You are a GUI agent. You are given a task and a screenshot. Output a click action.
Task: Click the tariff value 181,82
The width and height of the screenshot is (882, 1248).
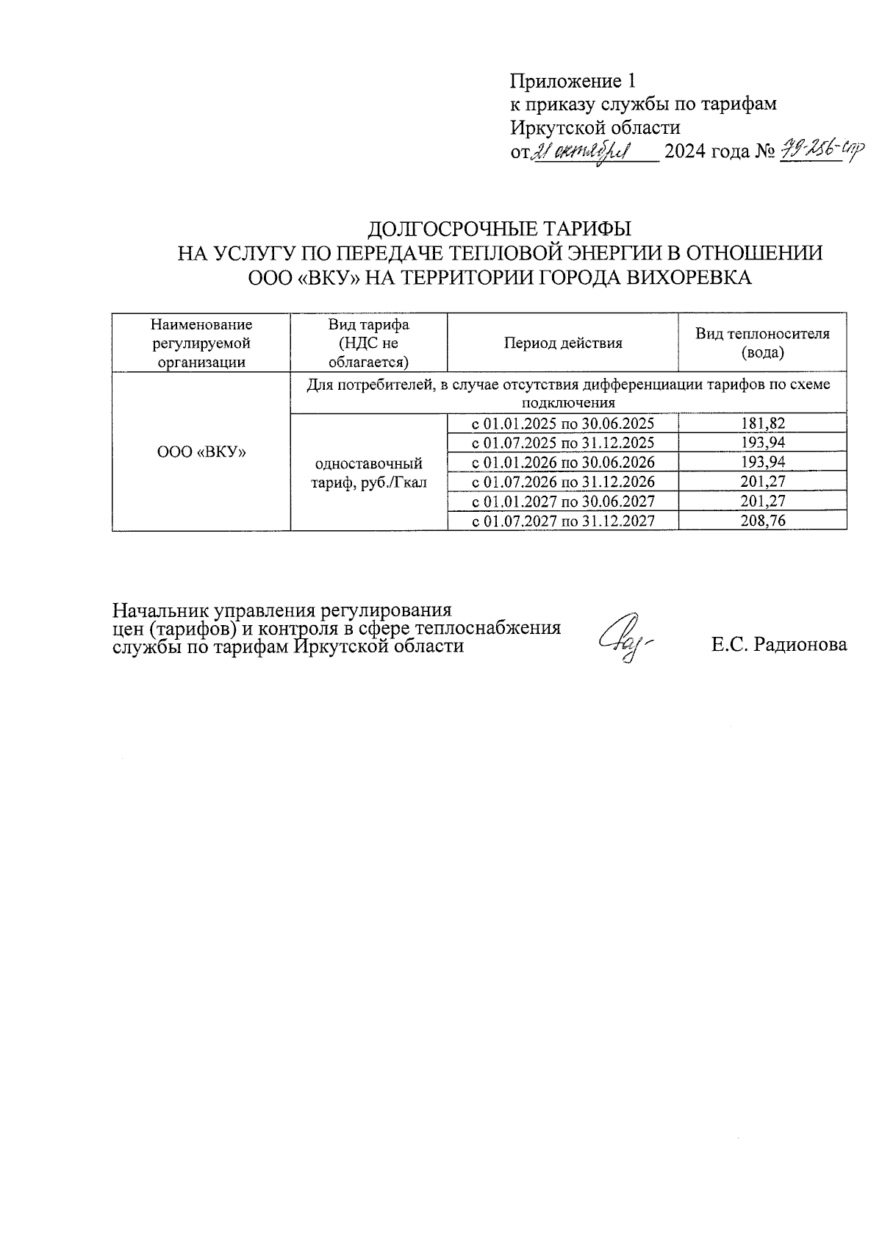pos(762,424)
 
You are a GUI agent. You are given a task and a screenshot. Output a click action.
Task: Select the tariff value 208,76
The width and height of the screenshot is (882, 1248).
pos(762,521)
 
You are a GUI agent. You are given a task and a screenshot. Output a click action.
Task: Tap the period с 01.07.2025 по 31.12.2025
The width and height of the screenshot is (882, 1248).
pos(562,443)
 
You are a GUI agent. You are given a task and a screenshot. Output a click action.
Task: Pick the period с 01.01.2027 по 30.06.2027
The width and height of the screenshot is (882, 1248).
pos(562,502)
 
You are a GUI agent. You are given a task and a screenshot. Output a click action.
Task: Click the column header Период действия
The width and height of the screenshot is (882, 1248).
pos(563,343)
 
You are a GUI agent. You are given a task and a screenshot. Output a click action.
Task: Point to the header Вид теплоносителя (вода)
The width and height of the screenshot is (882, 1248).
pos(762,343)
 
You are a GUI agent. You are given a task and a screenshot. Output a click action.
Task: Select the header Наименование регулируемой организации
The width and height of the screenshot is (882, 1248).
pos(201,343)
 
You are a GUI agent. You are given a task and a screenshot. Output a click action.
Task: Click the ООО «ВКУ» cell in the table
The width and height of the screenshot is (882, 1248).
pos(201,452)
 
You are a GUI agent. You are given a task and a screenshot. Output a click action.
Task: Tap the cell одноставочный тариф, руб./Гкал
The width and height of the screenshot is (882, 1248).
pos(368,473)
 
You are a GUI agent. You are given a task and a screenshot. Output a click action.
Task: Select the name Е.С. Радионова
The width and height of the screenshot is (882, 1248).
pos(778,645)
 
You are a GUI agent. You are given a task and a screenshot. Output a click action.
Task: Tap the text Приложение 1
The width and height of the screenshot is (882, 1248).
pos(572,80)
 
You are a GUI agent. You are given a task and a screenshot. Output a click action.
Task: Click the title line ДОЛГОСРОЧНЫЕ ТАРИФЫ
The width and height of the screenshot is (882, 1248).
pos(499,228)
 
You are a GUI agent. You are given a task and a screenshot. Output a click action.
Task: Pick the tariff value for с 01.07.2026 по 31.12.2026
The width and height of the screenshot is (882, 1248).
pos(762,482)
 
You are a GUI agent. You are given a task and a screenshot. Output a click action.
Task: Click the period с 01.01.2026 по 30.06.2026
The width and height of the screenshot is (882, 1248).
pos(562,463)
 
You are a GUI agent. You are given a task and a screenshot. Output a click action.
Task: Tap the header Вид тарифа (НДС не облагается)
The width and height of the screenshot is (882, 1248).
pos(368,343)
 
